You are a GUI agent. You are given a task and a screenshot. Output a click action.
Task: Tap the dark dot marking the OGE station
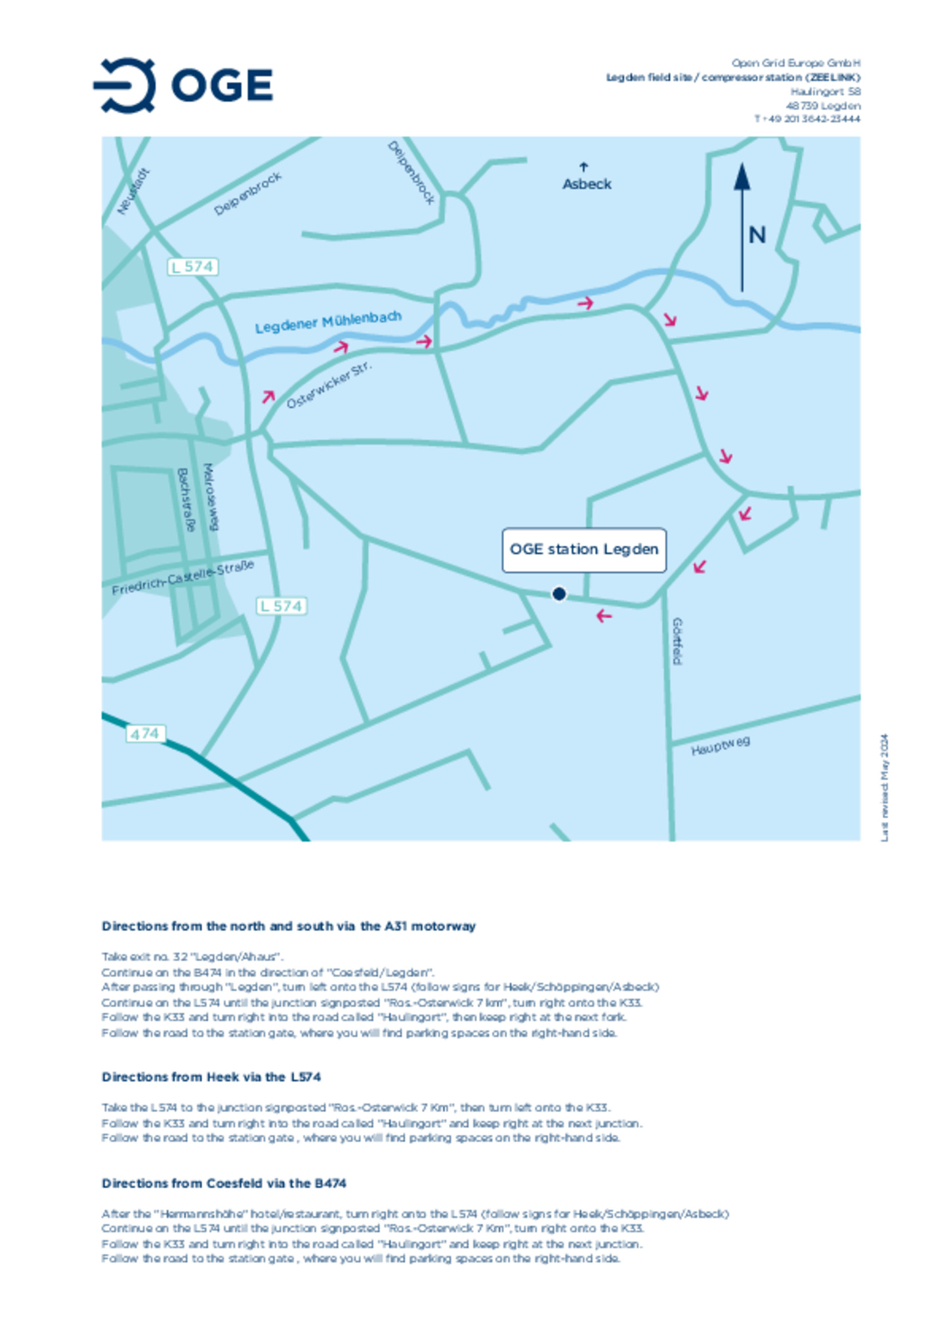[x=558, y=594]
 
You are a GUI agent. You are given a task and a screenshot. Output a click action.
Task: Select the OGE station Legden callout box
[x=583, y=550]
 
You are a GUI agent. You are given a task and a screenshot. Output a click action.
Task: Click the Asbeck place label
[x=587, y=184]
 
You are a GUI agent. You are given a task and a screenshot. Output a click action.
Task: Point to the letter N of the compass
[x=757, y=235]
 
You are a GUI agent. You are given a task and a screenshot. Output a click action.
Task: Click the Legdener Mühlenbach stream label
[x=327, y=322]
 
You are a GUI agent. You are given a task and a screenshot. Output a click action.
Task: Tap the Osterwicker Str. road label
[x=329, y=385]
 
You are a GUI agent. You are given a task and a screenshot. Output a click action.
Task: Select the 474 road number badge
[x=145, y=733]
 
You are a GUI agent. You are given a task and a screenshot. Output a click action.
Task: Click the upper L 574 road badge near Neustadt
[x=192, y=267]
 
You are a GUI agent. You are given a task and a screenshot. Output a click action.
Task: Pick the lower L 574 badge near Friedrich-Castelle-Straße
[x=282, y=606]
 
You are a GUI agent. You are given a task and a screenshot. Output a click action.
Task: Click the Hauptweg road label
[x=720, y=746]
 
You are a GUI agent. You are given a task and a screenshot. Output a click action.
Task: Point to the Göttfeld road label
[x=677, y=641]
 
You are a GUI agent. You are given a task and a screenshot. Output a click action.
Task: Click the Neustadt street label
[x=133, y=192]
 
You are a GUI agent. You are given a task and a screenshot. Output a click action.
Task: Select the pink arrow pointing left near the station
[x=604, y=616]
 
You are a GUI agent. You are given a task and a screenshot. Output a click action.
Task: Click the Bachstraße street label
[x=186, y=499]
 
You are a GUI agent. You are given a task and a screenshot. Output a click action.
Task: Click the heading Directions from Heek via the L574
[x=211, y=1077]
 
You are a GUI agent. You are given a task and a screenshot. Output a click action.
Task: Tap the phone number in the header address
[x=807, y=119]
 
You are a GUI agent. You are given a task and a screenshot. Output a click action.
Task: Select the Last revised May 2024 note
[x=885, y=787]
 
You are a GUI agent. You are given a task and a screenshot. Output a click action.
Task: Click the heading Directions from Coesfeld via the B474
[x=224, y=1183]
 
